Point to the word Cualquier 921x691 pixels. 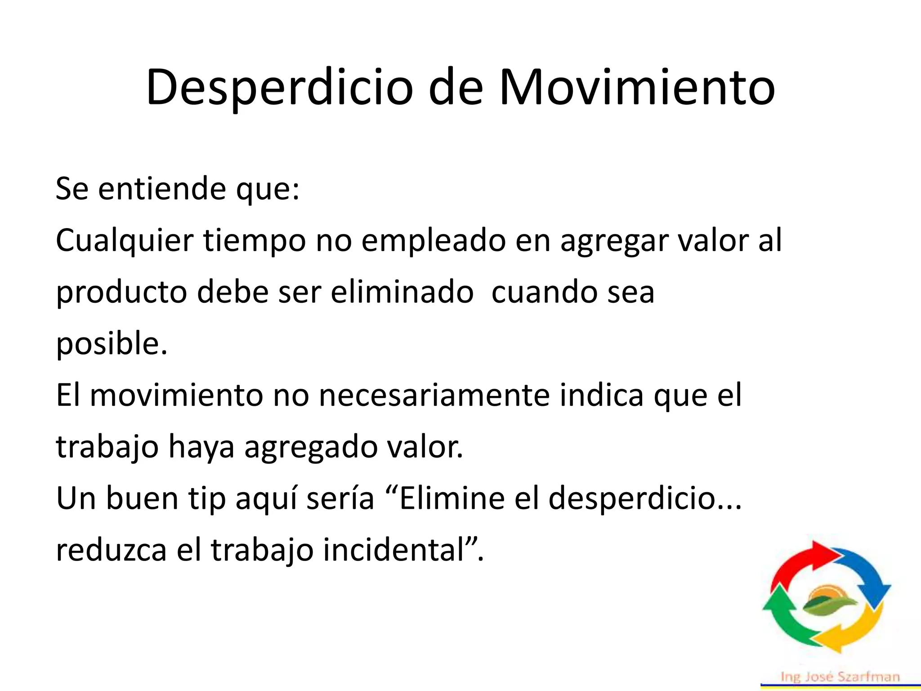tap(125, 241)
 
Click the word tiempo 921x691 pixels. tap(255, 241)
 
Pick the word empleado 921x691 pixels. tap(433, 241)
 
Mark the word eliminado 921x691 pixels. tap(402, 292)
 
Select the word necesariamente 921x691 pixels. tap(434, 395)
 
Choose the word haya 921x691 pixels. tap(201, 448)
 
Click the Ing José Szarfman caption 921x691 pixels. tap(840, 677)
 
